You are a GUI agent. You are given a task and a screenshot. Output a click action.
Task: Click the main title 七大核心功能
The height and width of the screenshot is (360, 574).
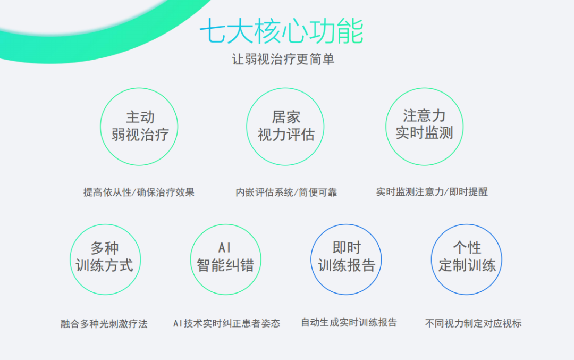pyautogui.click(x=281, y=31)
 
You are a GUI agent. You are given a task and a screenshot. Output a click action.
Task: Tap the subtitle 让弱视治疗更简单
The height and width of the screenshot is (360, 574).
pyautogui.click(x=283, y=60)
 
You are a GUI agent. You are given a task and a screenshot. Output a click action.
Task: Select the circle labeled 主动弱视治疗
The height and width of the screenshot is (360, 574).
pyautogui.click(x=139, y=88)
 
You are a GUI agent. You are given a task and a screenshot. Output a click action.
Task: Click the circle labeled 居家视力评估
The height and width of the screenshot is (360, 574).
pyautogui.click(x=285, y=88)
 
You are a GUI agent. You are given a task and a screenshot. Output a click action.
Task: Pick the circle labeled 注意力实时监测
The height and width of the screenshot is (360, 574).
pyautogui.click(x=424, y=88)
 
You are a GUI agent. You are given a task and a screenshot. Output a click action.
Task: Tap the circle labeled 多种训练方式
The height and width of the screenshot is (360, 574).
pyautogui.click(x=105, y=224)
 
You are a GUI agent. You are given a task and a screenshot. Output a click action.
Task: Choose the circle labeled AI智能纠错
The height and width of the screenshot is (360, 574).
pyautogui.click(x=225, y=224)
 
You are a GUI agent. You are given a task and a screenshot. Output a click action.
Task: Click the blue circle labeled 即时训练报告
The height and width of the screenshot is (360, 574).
pyautogui.click(x=346, y=224)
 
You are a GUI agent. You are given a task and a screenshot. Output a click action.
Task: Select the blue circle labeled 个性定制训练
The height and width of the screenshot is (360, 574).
pyautogui.click(x=467, y=224)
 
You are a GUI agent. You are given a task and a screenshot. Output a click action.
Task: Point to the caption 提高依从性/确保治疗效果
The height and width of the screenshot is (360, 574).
pyautogui.click(x=139, y=192)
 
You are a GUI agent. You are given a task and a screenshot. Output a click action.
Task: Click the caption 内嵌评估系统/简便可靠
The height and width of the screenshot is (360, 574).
pyautogui.click(x=286, y=192)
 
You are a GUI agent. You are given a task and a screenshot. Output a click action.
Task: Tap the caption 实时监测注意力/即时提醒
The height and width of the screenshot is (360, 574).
pyautogui.click(x=432, y=192)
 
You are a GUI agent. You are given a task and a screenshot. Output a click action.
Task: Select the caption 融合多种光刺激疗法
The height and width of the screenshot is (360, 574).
pyautogui.click(x=104, y=324)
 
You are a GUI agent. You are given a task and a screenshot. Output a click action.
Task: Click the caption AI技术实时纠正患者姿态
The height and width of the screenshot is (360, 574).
pyautogui.click(x=226, y=323)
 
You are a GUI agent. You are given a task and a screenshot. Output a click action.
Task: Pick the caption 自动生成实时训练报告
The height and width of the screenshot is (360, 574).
pyautogui.click(x=349, y=323)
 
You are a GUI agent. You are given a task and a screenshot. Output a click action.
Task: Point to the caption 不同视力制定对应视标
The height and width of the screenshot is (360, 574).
pyautogui.click(x=474, y=323)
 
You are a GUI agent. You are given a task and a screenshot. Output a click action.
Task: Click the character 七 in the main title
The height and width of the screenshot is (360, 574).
pyautogui.click(x=213, y=31)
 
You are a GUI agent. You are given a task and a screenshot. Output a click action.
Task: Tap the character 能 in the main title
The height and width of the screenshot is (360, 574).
pyautogui.click(x=350, y=31)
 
